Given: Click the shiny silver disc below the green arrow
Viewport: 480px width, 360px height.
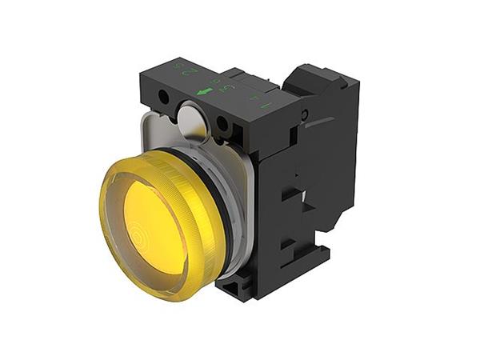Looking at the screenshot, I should pyautogui.click(x=191, y=120).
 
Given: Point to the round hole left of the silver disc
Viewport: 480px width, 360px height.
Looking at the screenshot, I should pyautogui.click(x=164, y=96).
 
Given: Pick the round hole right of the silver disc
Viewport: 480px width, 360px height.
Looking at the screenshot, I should pyautogui.click(x=222, y=124).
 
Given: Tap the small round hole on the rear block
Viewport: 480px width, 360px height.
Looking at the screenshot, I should pyautogui.click(x=304, y=115).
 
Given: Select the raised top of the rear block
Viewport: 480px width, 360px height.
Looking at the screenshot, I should pyautogui.click(x=316, y=76).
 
